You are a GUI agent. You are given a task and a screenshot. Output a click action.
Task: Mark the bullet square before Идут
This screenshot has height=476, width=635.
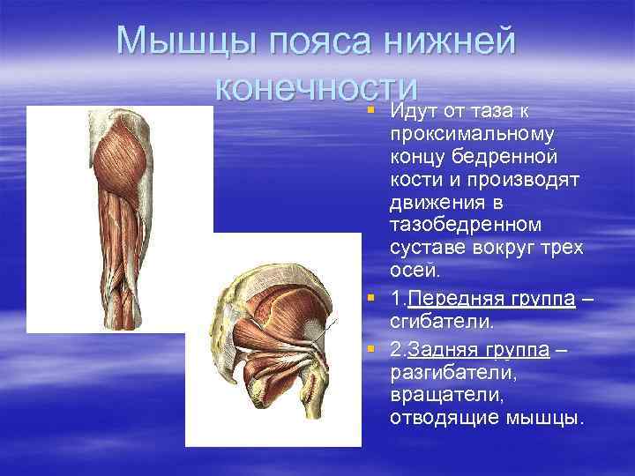371,110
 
